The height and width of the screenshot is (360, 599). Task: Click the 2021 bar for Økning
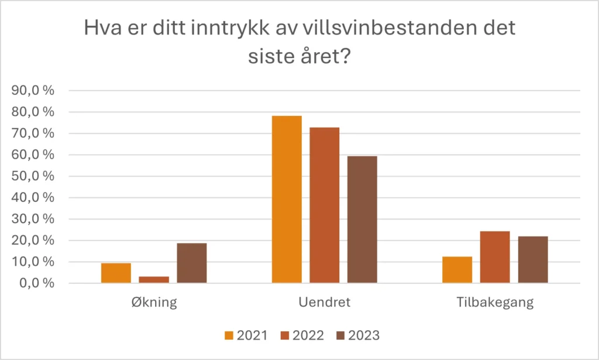click(116, 273)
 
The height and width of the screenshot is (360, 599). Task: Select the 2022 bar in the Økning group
click(154, 280)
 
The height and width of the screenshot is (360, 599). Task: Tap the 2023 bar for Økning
click(192, 263)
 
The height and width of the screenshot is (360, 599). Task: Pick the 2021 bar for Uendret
click(287, 199)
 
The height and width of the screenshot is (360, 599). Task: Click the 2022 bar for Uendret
click(325, 205)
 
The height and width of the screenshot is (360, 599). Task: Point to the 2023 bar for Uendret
click(362, 220)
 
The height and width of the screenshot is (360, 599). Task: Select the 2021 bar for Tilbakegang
click(457, 270)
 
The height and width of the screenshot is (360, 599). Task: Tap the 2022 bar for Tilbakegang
click(495, 257)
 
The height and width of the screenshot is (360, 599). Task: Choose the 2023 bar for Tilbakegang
click(533, 259)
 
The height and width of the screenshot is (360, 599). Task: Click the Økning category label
click(154, 302)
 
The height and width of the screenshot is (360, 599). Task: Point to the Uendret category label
click(324, 302)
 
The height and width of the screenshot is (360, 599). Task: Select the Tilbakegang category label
click(495, 302)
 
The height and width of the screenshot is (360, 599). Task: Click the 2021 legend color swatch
click(229, 335)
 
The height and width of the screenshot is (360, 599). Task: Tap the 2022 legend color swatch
click(285, 335)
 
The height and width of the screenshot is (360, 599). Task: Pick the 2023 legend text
click(364, 335)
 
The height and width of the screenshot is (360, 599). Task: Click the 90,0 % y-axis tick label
click(33, 91)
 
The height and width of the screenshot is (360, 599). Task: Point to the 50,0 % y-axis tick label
click(33, 176)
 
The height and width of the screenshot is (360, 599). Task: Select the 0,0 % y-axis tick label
click(37, 283)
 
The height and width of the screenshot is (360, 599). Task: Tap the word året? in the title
click(325, 57)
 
